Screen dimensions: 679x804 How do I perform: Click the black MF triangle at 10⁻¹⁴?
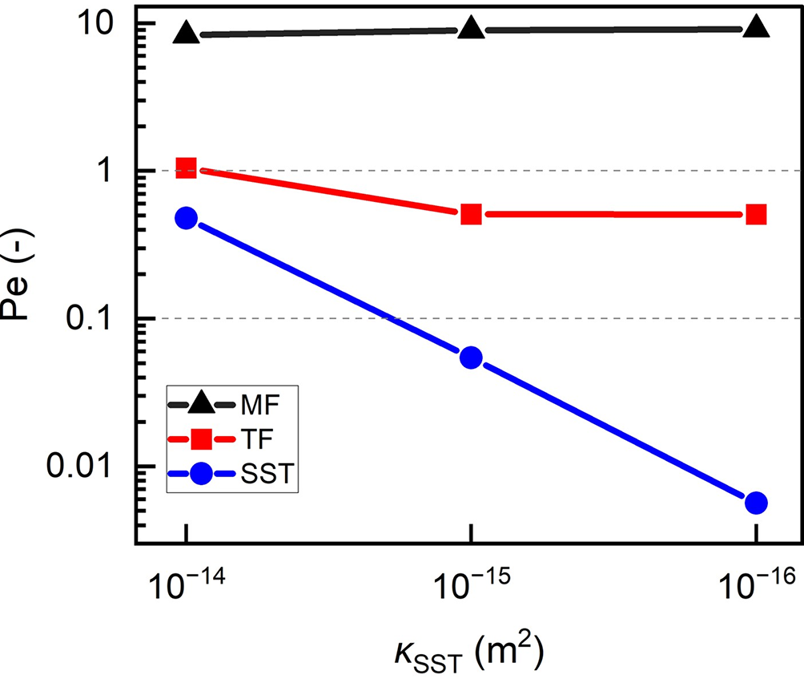[x=187, y=34]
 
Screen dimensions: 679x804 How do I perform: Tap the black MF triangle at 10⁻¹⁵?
[x=472, y=30]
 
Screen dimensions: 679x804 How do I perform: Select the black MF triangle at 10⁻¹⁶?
[x=756, y=29]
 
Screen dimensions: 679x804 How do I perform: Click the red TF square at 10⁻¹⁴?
[x=187, y=168]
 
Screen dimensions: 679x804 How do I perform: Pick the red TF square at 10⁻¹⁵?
[x=472, y=214]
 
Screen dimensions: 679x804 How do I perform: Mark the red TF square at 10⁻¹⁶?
[x=756, y=214]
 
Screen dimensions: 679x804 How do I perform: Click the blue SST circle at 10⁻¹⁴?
[x=187, y=218]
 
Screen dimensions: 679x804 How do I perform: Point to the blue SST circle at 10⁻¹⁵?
[x=472, y=358]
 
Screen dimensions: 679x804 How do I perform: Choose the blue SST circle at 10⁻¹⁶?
[x=756, y=503]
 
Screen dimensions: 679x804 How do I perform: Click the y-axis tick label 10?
[x=97, y=24]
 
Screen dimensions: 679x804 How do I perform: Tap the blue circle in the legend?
[x=201, y=474]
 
